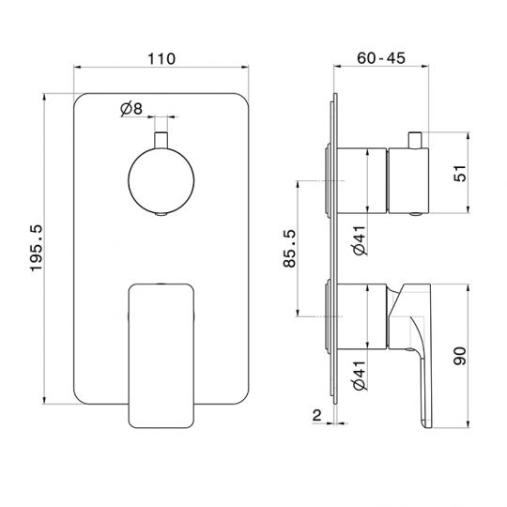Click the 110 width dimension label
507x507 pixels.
click(x=161, y=59)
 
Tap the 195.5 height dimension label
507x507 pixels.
click(x=37, y=248)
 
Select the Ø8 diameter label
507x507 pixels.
click(x=131, y=109)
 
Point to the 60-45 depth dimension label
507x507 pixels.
click(x=381, y=58)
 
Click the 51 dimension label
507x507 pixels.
click(x=460, y=173)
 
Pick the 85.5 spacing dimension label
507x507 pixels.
click(x=290, y=248)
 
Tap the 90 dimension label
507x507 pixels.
click(x=460, y=356)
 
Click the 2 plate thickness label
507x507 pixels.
click(x=317, y=415)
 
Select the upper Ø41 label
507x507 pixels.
click(x=360, y=240)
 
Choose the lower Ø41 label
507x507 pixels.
click(x=360, y=375)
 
